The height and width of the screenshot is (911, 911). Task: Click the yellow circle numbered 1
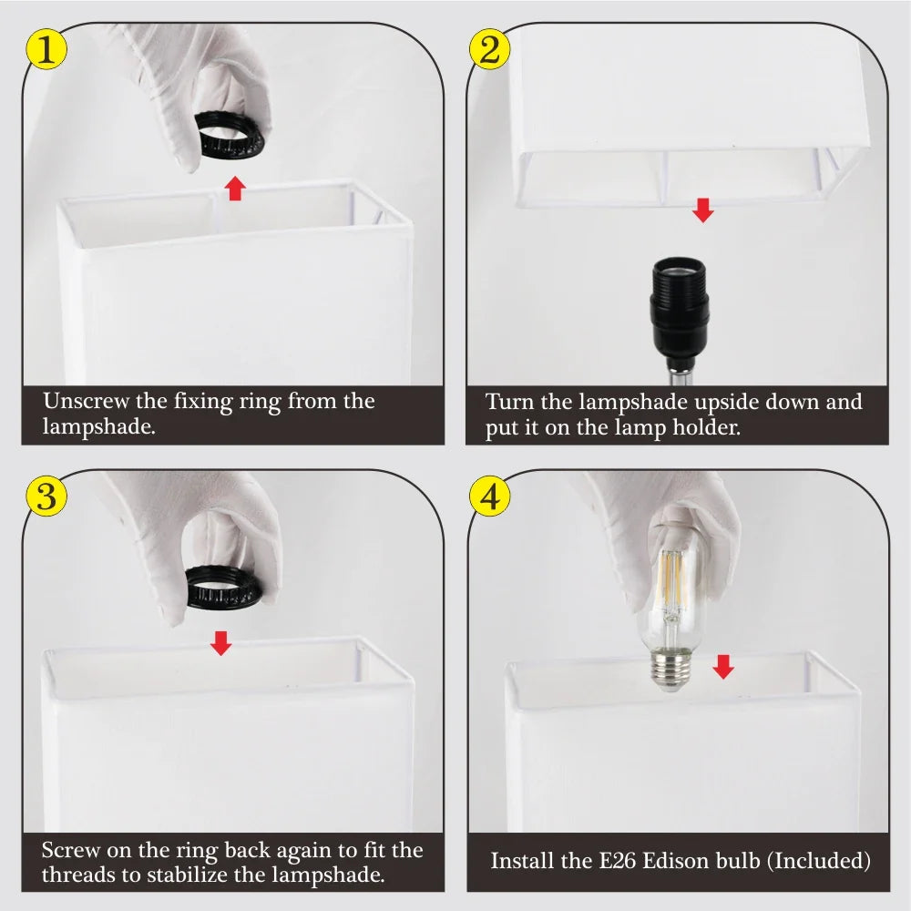(46, 49)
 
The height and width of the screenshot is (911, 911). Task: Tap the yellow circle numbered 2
(490, 49)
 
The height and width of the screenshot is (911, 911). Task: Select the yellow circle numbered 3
(46, 496)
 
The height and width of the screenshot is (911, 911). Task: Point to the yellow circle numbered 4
(490, 496)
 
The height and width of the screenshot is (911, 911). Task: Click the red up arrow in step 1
(235, 188)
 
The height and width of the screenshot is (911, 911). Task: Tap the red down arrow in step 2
(703, 210)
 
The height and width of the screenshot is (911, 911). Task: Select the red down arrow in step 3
(220, 643)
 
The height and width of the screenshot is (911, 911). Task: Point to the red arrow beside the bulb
(723, 667)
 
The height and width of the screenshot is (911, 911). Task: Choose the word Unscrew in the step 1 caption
(86, 401)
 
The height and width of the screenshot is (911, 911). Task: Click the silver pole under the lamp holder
(678, 376)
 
